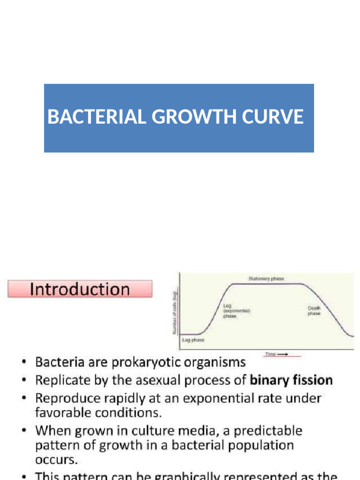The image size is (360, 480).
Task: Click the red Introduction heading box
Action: click(x=80, y=289)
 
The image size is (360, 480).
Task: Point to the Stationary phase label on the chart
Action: click(x=266, y=278)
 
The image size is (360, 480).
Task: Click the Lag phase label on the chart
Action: click(x=193, y=339)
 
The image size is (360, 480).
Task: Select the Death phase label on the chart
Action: click(x=314, y=311)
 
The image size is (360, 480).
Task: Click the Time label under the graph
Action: click(x=270, y=354)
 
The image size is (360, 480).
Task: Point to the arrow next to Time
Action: click(x=282, y=354)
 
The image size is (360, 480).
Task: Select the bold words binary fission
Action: click(x=292, y=380)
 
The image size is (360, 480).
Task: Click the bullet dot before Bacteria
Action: click(x=24, y=362)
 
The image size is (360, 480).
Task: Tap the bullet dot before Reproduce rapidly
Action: click(x=24, y=398)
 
